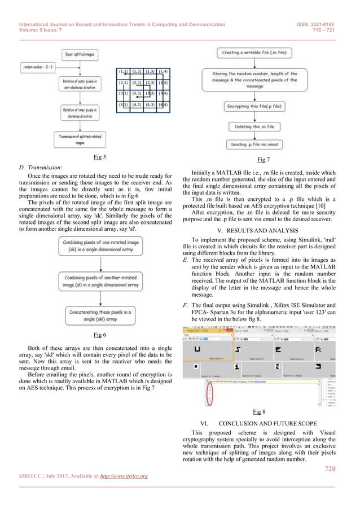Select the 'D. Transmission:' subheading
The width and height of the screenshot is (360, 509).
[x=42, y=167]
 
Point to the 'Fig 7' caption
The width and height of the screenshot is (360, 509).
[x=262, y=160]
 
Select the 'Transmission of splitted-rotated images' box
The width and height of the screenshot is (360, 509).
[x=79, y=139]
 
